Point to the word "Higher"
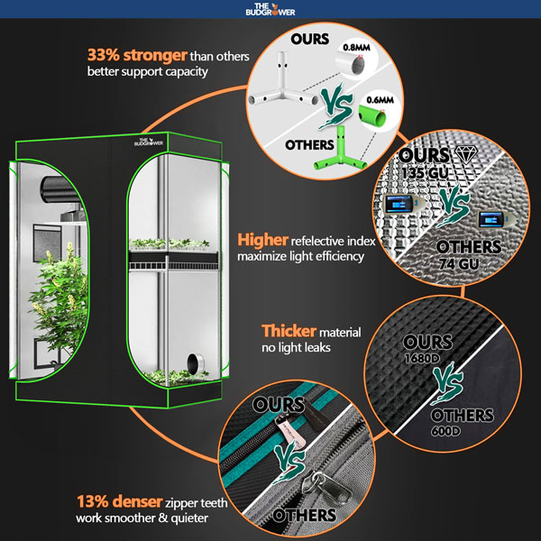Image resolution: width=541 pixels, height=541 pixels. pyautogui.click(x=261, y=241)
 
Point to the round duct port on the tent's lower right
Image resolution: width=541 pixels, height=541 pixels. pyautogui.click(x=194, y=364)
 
